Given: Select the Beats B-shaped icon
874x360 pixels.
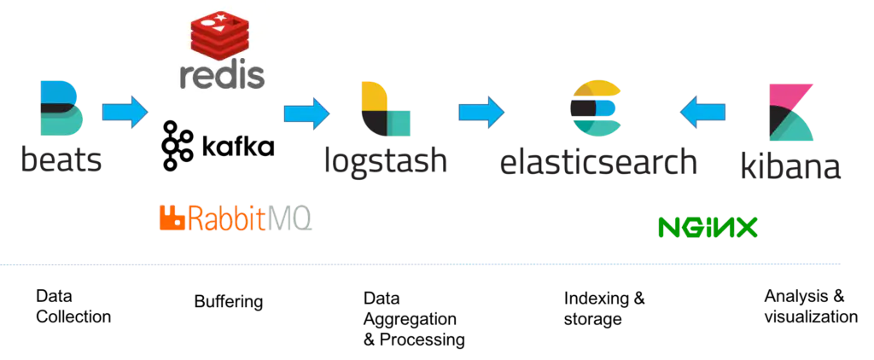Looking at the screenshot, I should (x=61, y=108).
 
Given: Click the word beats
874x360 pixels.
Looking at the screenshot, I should (x=61, y=159).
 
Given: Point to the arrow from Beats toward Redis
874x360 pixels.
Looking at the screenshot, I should (x=125, y=113).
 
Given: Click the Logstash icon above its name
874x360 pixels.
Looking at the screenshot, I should (x=386, y=109).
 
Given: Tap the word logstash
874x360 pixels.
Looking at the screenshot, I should (x=386, y=160).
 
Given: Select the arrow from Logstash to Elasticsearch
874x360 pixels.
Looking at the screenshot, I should (x=481, y=113).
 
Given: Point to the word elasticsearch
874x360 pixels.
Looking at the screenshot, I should (x=597, y=160).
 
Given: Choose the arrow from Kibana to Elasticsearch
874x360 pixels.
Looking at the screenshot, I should (x=702, y=113).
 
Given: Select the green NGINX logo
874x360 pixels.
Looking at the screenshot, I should (x=708, y=227).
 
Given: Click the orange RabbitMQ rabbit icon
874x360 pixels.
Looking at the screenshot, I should (x=172, y=218).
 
